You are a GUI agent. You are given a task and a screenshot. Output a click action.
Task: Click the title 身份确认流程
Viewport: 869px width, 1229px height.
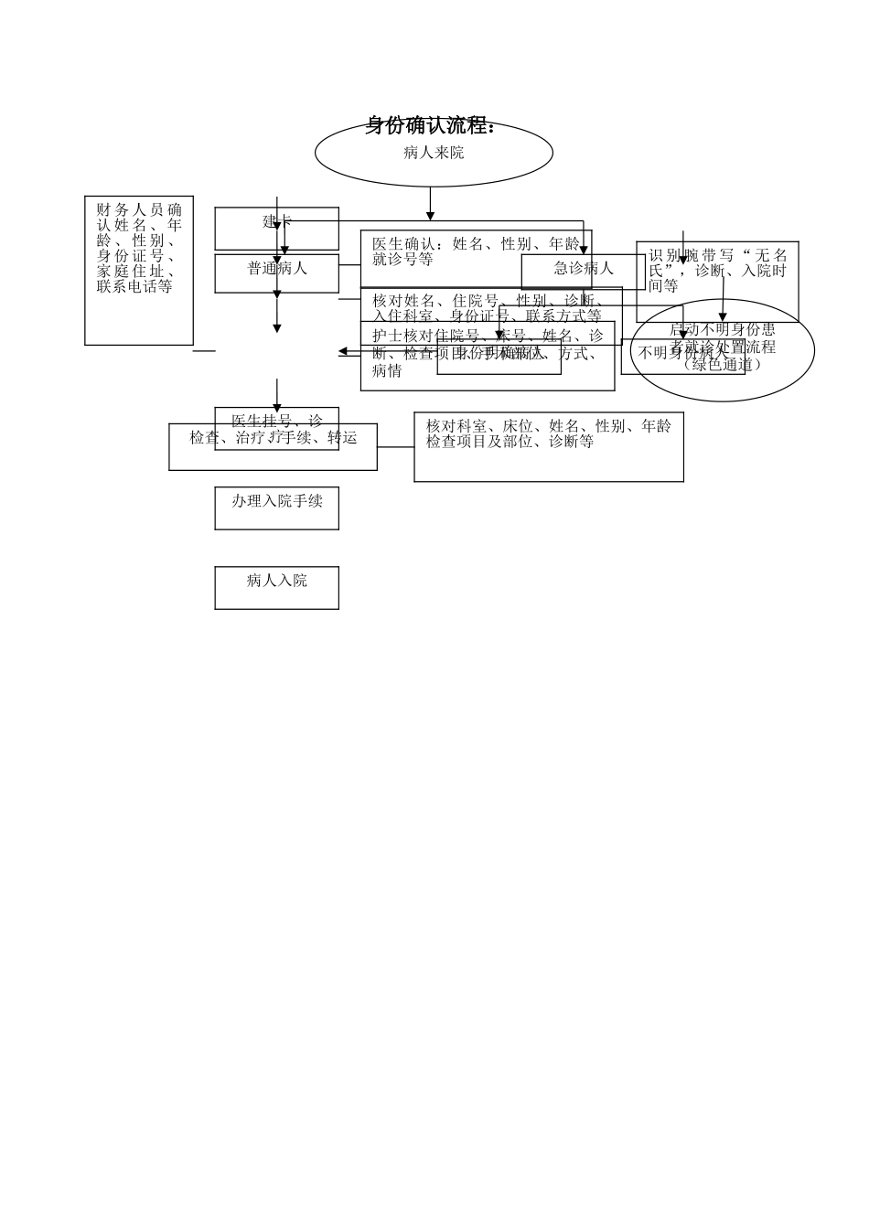pyautogui.click(x=430, y=126)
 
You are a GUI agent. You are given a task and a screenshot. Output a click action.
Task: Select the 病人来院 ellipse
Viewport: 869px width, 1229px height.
pyautogui.click(x=434, y=154)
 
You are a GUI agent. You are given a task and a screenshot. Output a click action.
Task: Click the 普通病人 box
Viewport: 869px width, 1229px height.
pyautogui.click(x=276, y=270)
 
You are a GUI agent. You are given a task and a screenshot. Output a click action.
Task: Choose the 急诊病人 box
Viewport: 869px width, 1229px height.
pyautogui.click(x=583, y=269)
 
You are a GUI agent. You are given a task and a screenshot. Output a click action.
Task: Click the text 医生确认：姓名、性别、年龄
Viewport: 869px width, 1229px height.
pyautogui.click(x=476, y=244)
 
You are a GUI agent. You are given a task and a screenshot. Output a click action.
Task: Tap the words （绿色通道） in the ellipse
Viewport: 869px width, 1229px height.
pyautogui.click(x=723, y=365)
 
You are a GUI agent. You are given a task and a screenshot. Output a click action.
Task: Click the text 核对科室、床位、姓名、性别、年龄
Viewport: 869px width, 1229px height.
pyautogui.click(x=548, y=426)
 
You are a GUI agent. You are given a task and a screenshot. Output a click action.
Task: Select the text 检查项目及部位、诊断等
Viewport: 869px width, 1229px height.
pyautogui.click(x=510, y=442)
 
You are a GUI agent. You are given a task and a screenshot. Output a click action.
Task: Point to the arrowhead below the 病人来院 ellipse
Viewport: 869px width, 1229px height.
pyautogui.click(x=430, y=216)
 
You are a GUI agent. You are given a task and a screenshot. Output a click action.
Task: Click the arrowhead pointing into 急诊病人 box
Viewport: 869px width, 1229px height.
pyautogui.click(x=584, y=250)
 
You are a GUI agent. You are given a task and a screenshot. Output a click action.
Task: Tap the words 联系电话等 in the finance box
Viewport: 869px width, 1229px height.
pyautogui.click(x=134, y=287)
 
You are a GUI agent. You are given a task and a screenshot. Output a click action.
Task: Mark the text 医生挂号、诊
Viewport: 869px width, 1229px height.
pyautogui.click(x=276, y=421)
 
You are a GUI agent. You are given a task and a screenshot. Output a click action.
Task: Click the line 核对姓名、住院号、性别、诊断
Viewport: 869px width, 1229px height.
pyautogui.click(x=487, y=300)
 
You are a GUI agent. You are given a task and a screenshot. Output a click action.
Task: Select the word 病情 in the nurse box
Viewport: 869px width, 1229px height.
pyautogui.click(x=387, y=371)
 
